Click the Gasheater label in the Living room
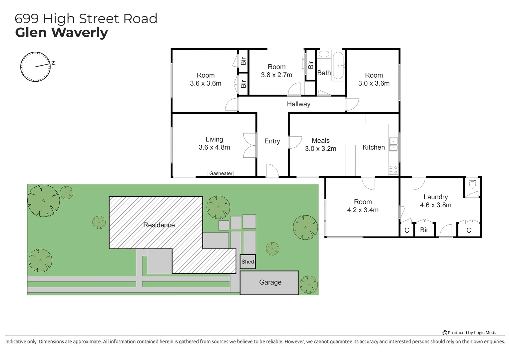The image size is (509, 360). [x=221, y=173]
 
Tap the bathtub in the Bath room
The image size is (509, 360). [x=338, y=65]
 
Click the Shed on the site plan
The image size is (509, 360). [x=248, y=262]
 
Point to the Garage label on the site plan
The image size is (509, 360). [x=270, y=282]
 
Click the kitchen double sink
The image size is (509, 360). [x=393, y=144]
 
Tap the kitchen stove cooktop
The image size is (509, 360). [x=393, y=170]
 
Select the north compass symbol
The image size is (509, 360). [x=36, y=67]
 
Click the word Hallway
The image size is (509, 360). [x=298, y=104]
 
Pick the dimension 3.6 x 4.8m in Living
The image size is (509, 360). [x=214, y=147]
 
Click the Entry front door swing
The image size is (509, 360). [x=272, y=170]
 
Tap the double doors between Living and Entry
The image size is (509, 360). [x=250, y=145]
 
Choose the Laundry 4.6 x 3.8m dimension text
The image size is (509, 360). [x=435, y=205]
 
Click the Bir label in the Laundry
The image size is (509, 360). [x=424, y=230]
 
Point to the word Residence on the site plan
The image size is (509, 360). [x=159, y=225]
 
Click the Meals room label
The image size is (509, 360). [x=320, y=141]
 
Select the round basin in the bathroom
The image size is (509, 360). [x=323, y=54]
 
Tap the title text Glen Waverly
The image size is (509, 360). [x=62, y=33]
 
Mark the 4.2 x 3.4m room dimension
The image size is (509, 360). [x=363, y=210]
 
